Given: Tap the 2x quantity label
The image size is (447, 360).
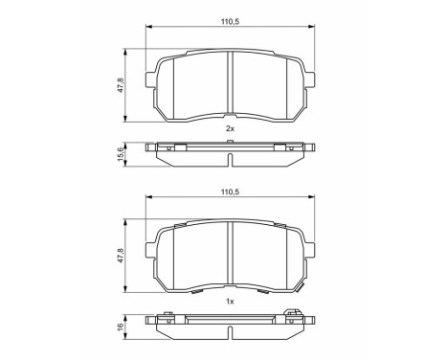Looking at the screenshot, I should (230, 127).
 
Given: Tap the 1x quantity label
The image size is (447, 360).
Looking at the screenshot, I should (230, 302).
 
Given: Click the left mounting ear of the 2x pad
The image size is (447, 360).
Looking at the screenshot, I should (149, 81).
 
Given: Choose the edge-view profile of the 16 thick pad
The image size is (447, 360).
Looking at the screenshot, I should (230, 326).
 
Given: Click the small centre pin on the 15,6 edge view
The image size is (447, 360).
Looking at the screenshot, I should (230, 143).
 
